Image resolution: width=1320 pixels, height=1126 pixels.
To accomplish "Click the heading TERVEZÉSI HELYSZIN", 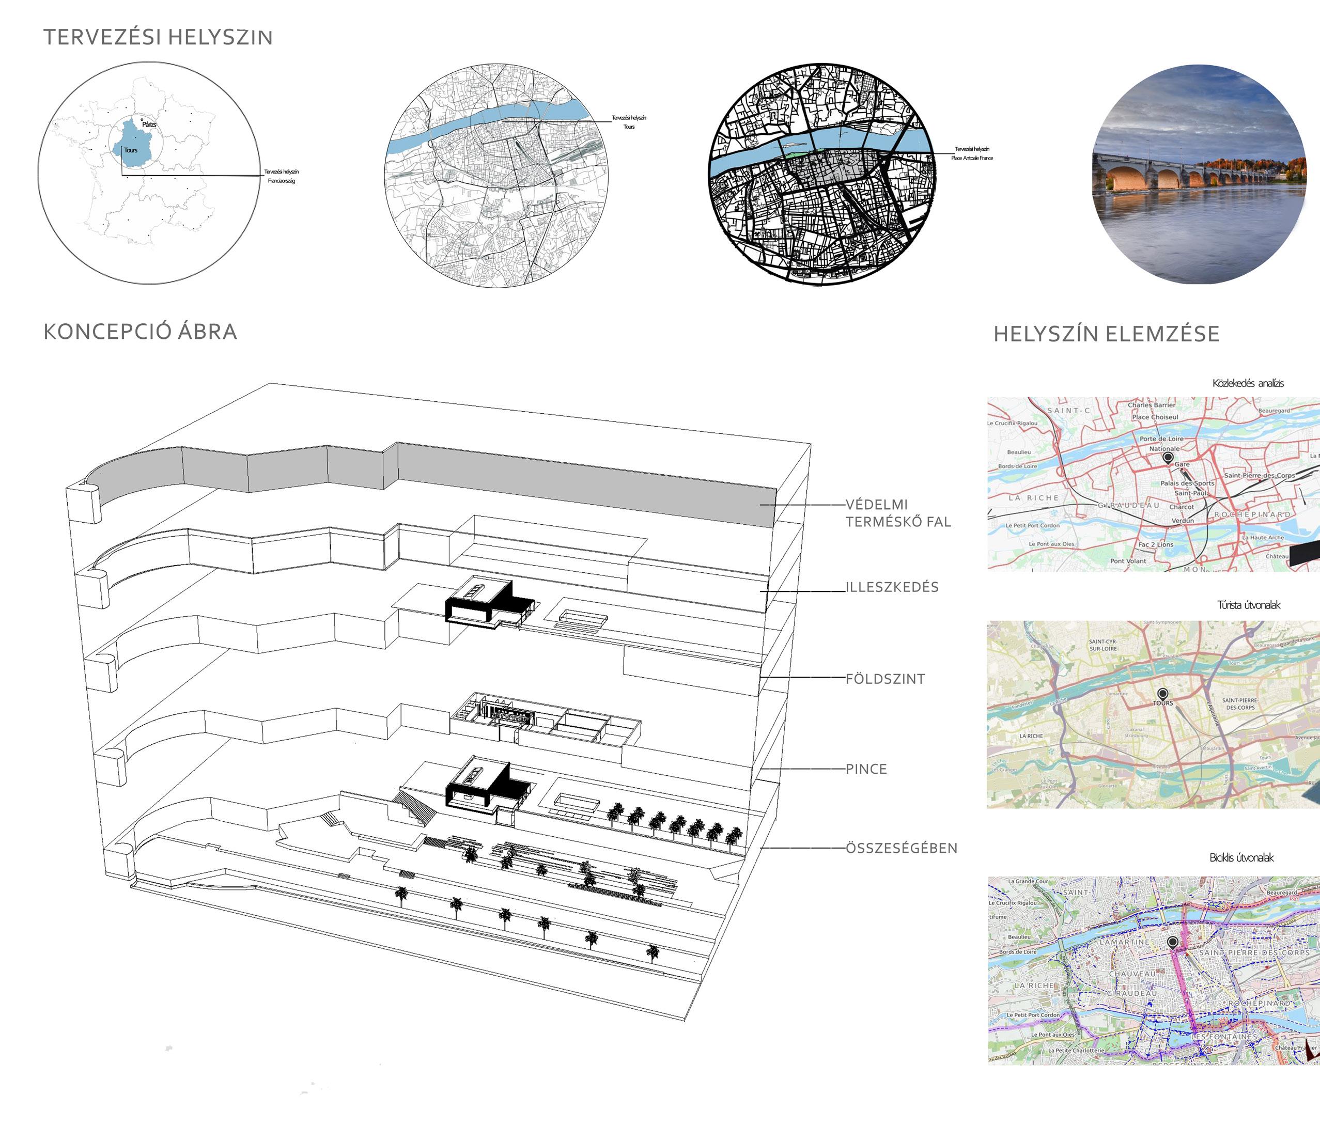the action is (158, 38).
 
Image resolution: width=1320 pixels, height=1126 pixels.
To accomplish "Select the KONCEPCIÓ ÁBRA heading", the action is (140, 332).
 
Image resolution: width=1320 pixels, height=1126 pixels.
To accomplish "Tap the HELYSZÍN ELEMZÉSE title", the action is (1107, 334).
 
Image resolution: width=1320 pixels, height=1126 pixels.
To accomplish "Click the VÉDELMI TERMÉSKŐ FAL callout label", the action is (897, 513).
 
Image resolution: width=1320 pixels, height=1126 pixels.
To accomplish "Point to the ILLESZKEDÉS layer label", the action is (892, 587).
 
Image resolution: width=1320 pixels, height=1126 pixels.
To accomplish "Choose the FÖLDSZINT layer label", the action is (885, 679).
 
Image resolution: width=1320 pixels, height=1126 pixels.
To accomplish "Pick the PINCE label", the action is (866, 769).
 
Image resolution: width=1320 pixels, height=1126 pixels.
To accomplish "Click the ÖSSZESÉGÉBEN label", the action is (901, 848).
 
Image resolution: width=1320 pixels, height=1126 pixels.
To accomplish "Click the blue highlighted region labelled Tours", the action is (131, 150).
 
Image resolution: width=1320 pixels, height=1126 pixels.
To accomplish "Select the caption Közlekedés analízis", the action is (1247, 383).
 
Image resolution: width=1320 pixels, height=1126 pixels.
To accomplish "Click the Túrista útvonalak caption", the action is (1248, 605).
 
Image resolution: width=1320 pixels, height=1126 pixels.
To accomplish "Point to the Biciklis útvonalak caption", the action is (1241, 858).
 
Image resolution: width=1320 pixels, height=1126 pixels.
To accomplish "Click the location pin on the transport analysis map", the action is (1168, 457).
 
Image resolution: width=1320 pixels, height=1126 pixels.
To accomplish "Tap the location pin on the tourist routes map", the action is (1162, 694).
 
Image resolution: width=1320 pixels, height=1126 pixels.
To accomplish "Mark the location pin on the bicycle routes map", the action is (1173, 942).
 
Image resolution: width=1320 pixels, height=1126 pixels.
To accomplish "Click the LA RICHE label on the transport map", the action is (1033, 498).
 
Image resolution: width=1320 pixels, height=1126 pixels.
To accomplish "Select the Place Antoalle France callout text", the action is (971, 158).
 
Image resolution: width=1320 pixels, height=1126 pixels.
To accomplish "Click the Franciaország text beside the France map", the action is (281, 181).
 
